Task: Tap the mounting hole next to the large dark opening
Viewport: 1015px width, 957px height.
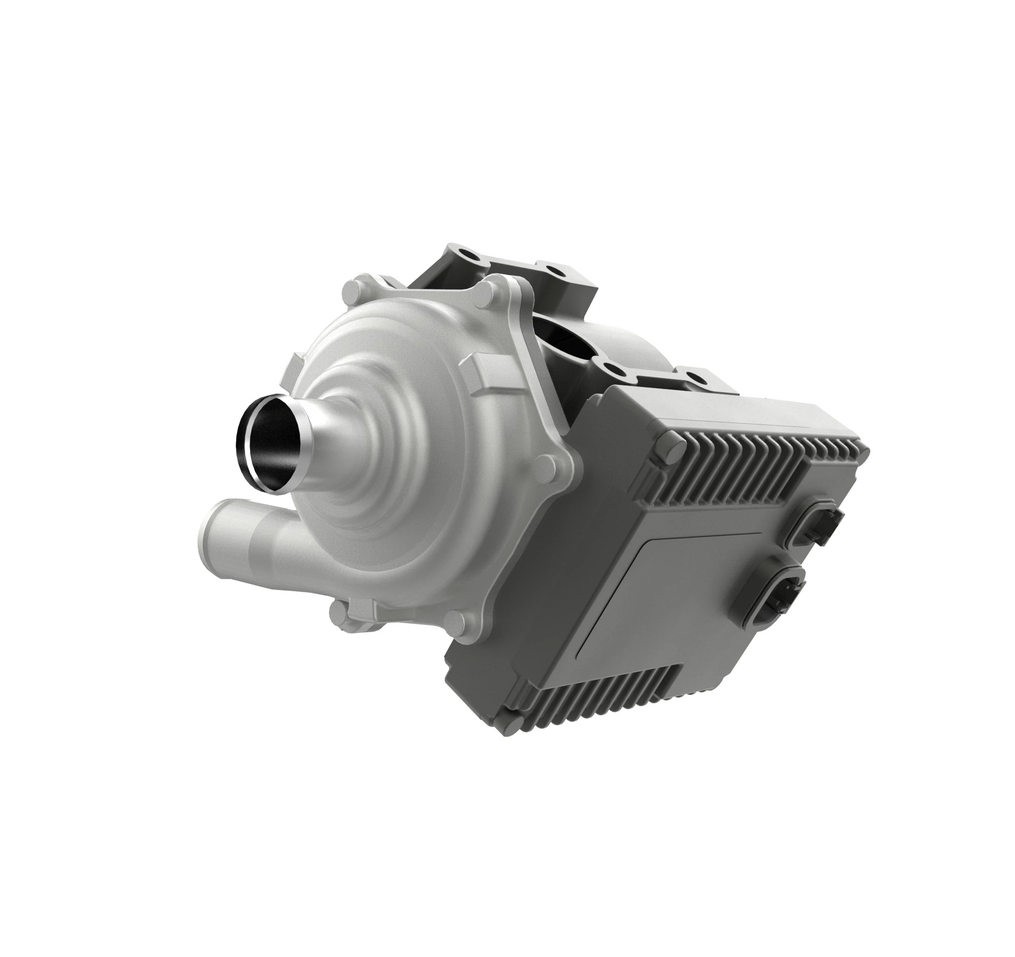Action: point(607,365)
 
